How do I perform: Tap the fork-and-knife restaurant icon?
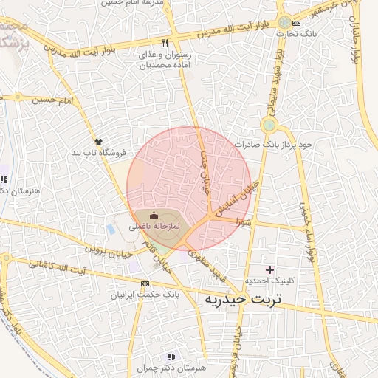pyautogui.click(x=165, y=43)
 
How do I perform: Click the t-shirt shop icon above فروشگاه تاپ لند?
pyautogui.click(x=98, y=141)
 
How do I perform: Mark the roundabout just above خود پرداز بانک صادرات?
pyautogui.click(x=269, y=125)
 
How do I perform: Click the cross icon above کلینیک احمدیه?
pyautogui.click(x=269, y=269)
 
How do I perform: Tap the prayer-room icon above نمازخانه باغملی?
pyautogui.click(x=153, y=215)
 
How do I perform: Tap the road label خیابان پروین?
pyautogui.click(x=108, y=249)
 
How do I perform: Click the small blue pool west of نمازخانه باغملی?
pyautogui.click(x=111, y=230)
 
